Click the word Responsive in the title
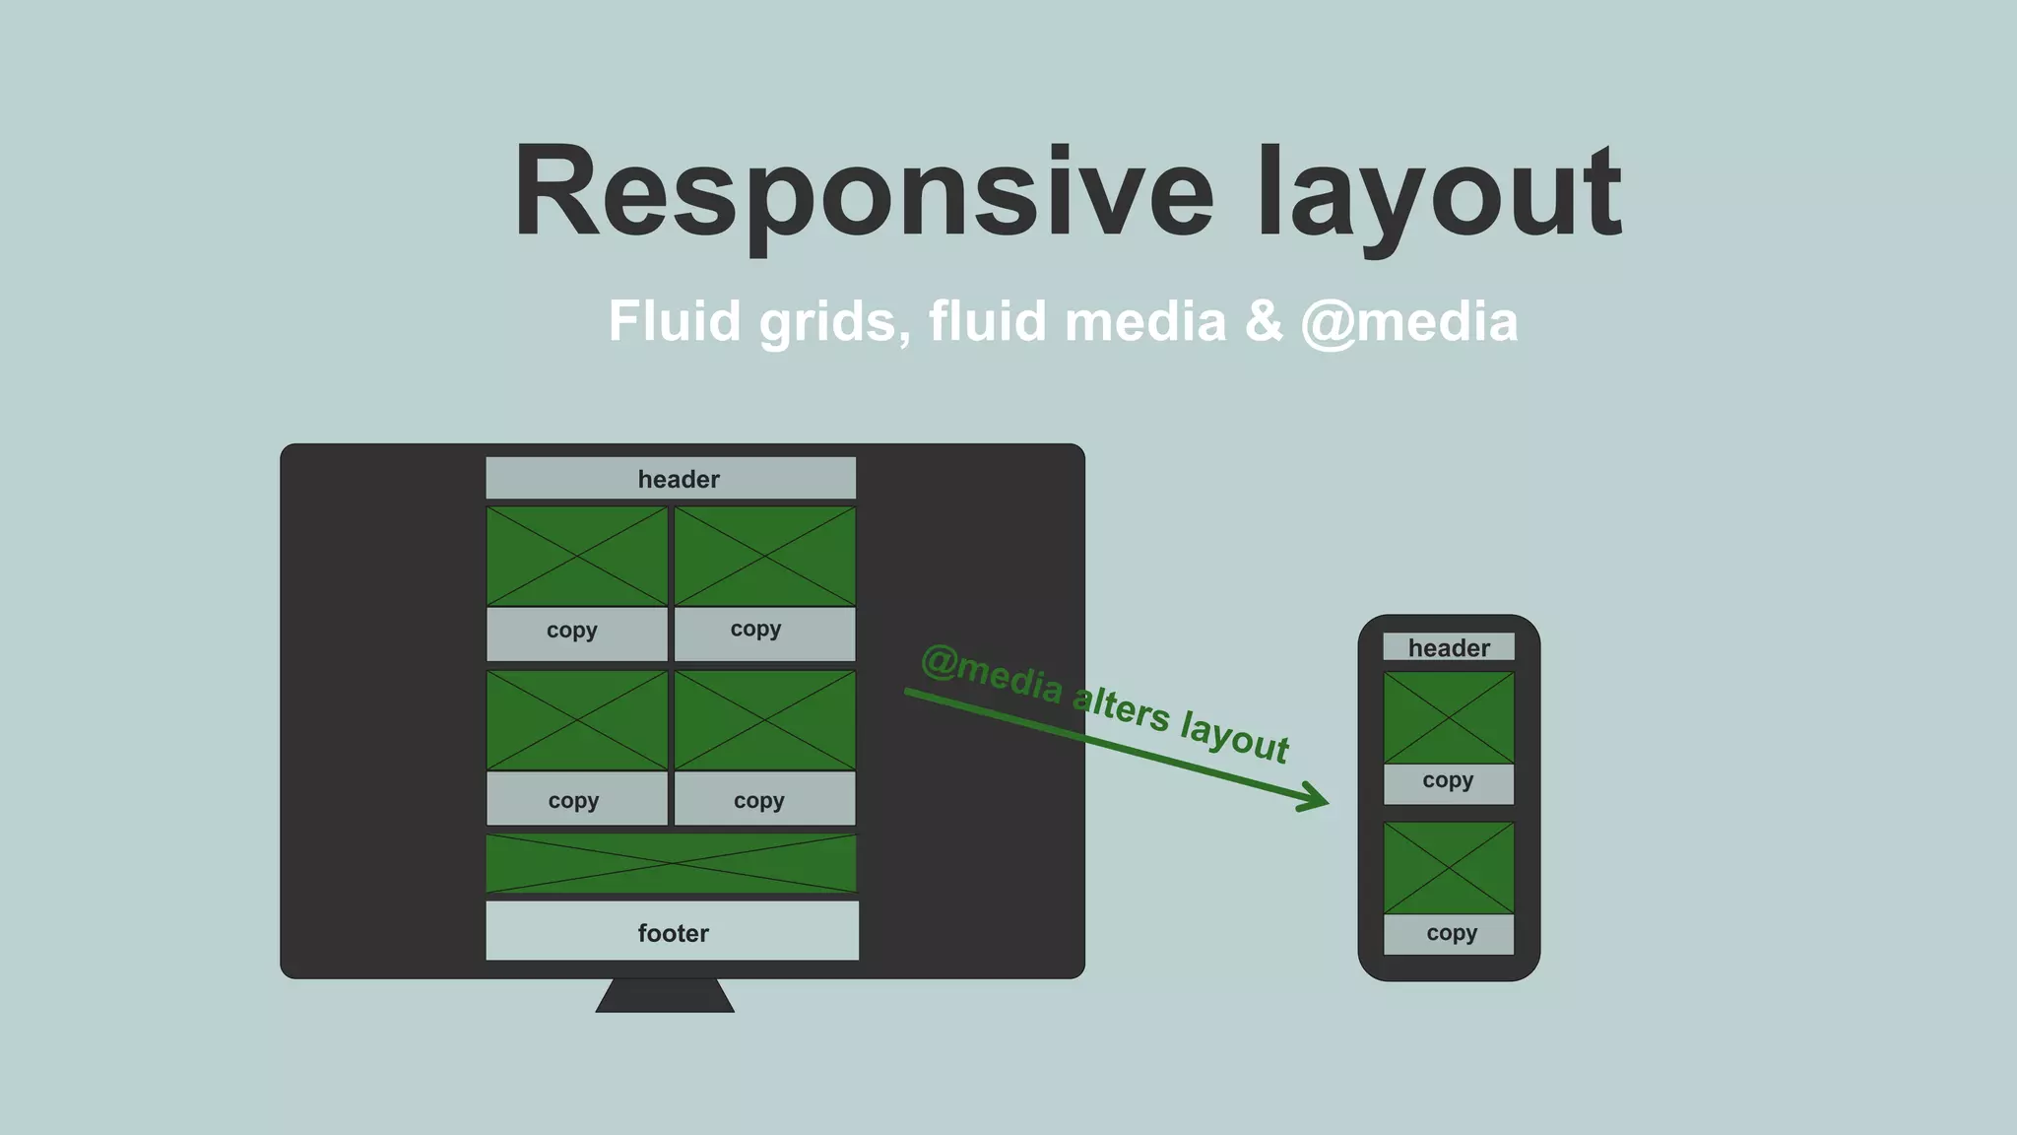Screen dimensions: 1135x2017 (863, 192)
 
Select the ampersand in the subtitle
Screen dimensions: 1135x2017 (1264, 322)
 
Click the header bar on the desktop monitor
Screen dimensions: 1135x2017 (671, 478)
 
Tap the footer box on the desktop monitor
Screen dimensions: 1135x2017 (672, 931)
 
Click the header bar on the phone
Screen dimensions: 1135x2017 (1449, 647)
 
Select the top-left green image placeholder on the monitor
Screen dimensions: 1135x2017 (577, 557)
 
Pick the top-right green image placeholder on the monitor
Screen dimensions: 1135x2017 (764, 557)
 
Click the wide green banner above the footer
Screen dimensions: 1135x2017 (671, 864)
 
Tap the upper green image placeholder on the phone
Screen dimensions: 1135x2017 (1449, 717)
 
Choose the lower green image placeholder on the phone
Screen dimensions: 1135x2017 (1449, 868)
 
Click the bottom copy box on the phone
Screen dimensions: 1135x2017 (1449, 934)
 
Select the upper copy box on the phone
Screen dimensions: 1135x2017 (1449, 783)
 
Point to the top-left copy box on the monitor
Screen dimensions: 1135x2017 (577, 633)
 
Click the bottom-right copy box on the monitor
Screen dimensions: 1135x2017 (764, 798)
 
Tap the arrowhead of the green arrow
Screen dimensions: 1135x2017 (1316, 799)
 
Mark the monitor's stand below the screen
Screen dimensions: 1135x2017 (665, 996)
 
